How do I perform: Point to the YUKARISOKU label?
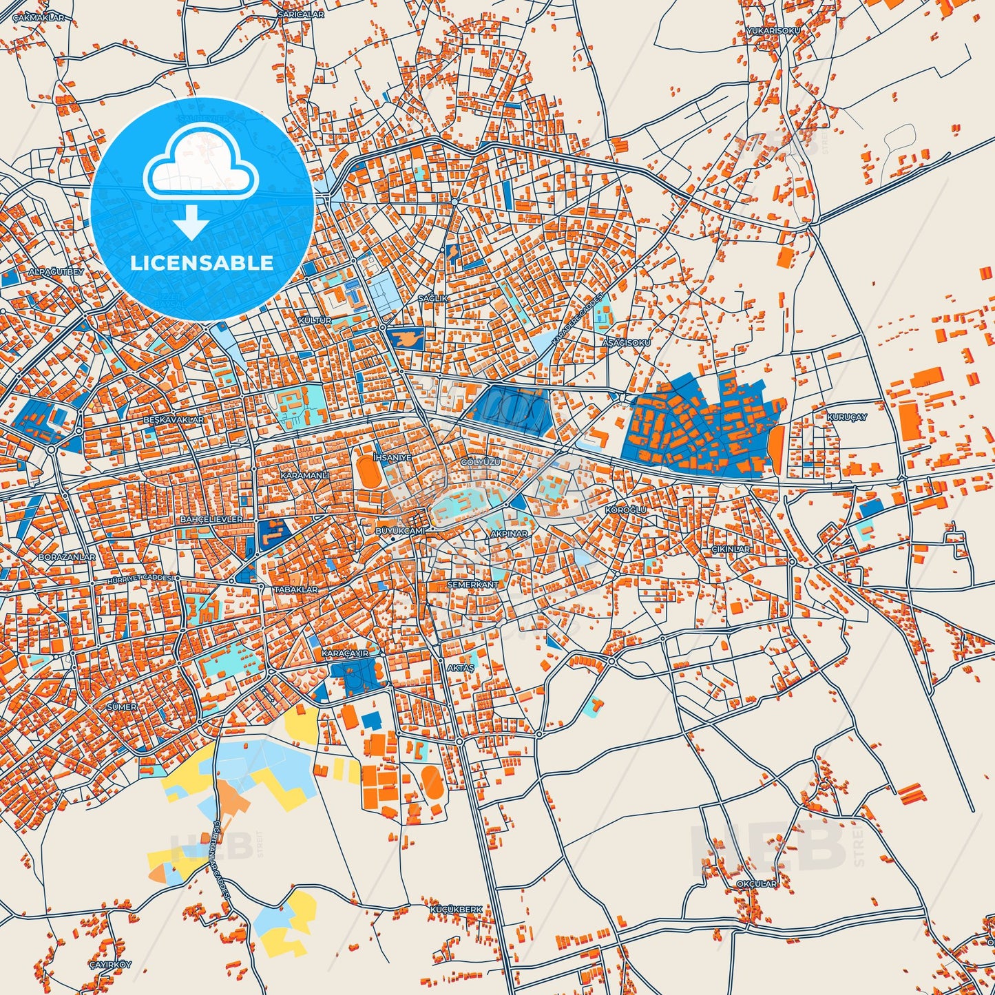click(x=773, y=31)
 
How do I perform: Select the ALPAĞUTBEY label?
click(x=56, y=272)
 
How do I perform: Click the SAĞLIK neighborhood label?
click(x=433, y=298)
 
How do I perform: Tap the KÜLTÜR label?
click(x=315, y=321)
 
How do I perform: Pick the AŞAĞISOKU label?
click(x=626, y=342)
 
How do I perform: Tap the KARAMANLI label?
click(x=304, y=476)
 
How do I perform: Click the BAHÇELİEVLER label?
click(x=211, y=519)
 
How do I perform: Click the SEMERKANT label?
click(x=472, y=585)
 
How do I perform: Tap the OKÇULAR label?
click(x=756, y=883)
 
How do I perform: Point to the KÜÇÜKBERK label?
click(x=456, y=910)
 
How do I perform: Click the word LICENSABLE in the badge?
click(x=202, y=263)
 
